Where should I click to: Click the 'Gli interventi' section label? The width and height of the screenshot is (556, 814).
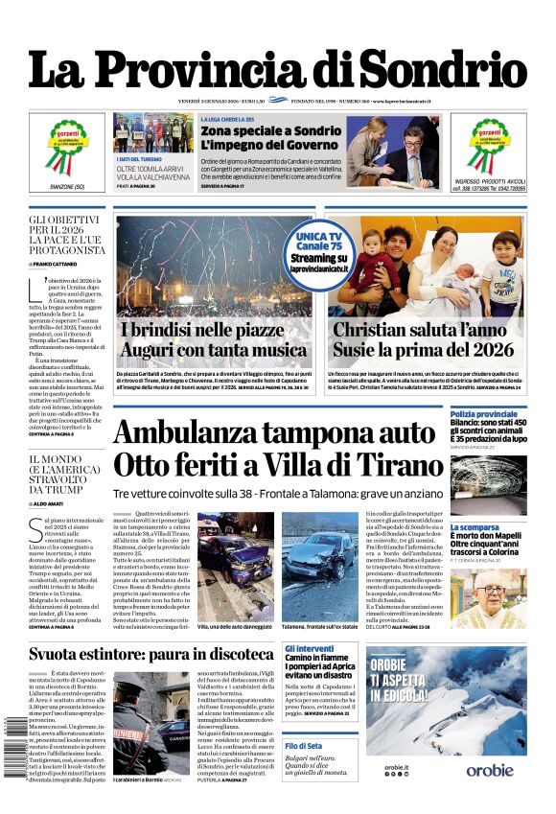310,649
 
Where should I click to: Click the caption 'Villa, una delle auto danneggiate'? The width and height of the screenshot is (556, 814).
233,624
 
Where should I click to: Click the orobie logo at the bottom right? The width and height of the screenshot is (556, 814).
490,796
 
